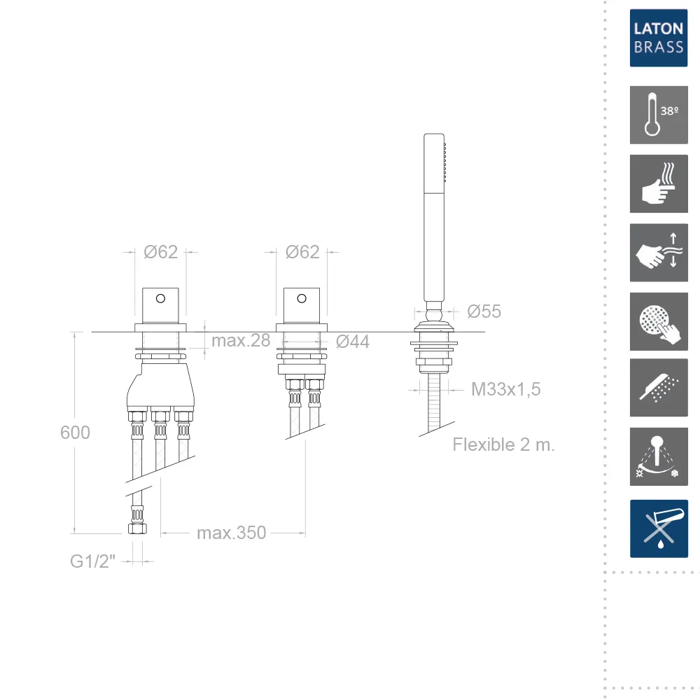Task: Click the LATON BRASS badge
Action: click(659, 38)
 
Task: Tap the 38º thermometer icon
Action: click(659, 115)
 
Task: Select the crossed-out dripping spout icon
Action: click(659, 528)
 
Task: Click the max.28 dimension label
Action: click(241, 341)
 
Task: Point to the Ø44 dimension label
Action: click(352, 342)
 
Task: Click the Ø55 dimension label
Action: click(484, 311)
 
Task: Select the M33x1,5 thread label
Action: click(506, 389)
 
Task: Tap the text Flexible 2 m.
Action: click(503, 444)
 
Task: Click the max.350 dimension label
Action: click(231, 533)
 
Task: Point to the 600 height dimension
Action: click(75, 433)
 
